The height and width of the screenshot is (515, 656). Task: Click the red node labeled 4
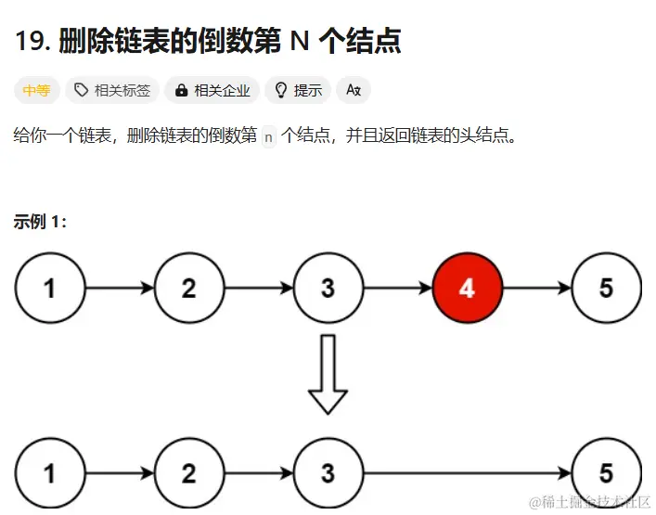coord(467,288)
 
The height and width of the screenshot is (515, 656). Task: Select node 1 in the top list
coord(49,288)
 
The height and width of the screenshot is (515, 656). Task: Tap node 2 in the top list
coord(188,288)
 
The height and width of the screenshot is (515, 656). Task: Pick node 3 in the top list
coord(328,288)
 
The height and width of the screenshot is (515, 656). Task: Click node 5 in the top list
coord(606,288)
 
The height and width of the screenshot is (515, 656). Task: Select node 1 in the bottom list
coord(49,473)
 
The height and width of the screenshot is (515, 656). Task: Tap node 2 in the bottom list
coord(188,473)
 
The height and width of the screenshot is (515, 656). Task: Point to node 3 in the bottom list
coord(328,473)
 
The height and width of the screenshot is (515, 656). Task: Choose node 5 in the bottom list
coord(606,473)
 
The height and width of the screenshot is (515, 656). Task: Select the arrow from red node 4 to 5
coord(536,288)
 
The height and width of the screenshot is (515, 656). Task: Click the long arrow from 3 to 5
coord(467,473)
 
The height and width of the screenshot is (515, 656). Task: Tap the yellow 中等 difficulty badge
coord(37,90)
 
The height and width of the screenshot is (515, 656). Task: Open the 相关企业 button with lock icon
coord(212,90)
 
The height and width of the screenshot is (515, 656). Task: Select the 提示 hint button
coord(298,90)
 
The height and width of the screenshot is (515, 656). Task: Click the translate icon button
coord(353,90)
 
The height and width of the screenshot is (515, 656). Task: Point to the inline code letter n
coord(269,137)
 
